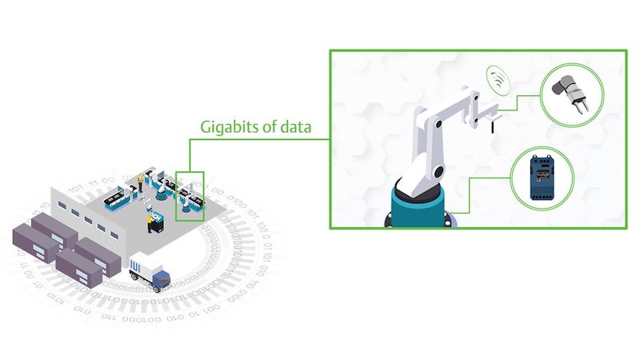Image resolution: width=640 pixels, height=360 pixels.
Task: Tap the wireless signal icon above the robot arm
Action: tap(498, 80)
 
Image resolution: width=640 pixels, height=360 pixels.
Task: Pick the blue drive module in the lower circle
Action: tap(542, 178)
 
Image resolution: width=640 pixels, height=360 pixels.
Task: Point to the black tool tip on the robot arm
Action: tap(493, 126)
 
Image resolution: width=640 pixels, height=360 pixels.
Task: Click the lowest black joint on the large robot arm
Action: tap(438, 172)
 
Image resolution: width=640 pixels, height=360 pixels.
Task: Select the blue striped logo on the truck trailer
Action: tap(134, 267)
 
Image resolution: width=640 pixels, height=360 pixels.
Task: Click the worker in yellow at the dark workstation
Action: tap(150, 223)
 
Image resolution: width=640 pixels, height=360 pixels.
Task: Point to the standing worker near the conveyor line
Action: tap(140, 182)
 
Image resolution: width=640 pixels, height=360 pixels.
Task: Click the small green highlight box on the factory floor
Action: tap(190, 196)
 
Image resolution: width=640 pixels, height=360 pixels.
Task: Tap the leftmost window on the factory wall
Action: tap(62, 205)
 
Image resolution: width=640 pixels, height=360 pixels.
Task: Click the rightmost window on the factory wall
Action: tap(114, 235)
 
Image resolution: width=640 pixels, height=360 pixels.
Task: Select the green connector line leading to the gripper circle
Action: tap(518, 103)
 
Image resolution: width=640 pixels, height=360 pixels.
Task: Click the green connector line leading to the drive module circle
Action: tap(469, 195)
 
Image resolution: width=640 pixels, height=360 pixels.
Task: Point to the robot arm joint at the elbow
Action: tap(438, 123)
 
